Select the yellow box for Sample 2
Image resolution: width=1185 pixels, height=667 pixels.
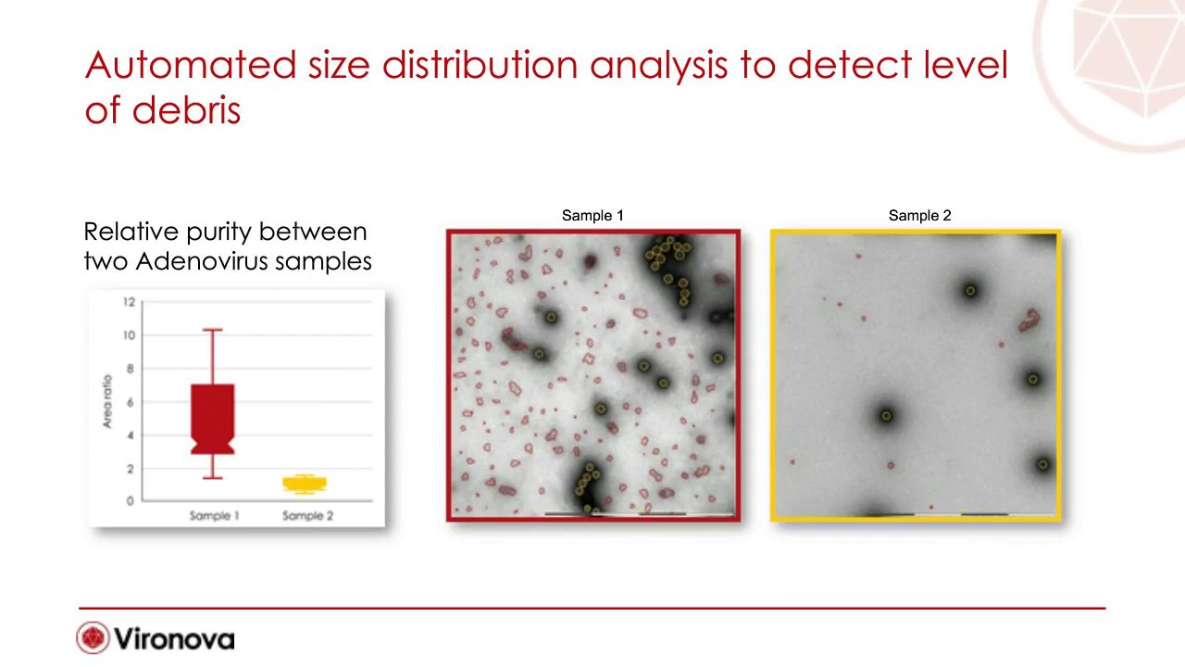(305, 484)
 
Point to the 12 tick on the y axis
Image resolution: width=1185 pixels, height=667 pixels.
(128, 302)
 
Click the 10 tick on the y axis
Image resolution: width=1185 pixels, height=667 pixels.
(128, 335)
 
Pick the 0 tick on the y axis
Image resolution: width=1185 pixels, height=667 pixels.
(131, 501)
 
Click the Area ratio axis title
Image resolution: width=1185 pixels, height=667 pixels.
(107, 401)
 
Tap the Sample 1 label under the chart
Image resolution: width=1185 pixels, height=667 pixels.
(214, 516)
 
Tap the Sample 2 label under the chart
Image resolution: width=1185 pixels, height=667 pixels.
(307, 516)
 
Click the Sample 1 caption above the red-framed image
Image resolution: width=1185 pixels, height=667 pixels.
(592, 216)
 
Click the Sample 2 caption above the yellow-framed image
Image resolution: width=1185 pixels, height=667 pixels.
(919, 216)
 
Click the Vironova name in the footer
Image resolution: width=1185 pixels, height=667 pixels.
(174, 639)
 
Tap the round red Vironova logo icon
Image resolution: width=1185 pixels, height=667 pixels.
(93, 638)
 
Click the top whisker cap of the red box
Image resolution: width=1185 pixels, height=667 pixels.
(213, 330)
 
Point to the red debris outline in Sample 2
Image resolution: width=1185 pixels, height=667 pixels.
(1029, 321)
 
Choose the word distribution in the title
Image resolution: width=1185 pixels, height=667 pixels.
(480, 65)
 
